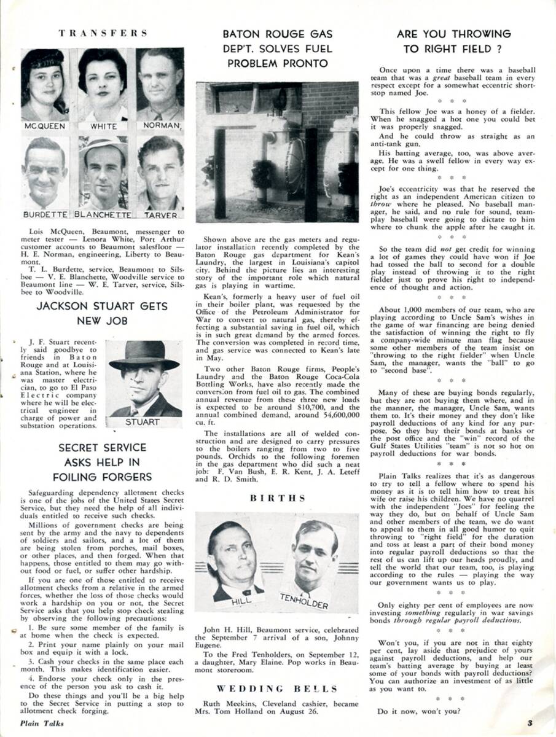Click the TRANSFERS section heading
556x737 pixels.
pos(103,33)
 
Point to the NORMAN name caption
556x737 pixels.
pos(162,126)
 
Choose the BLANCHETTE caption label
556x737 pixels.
pos(103,215)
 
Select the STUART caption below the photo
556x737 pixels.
pos(143,422)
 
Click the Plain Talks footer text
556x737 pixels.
pos(42,723)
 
